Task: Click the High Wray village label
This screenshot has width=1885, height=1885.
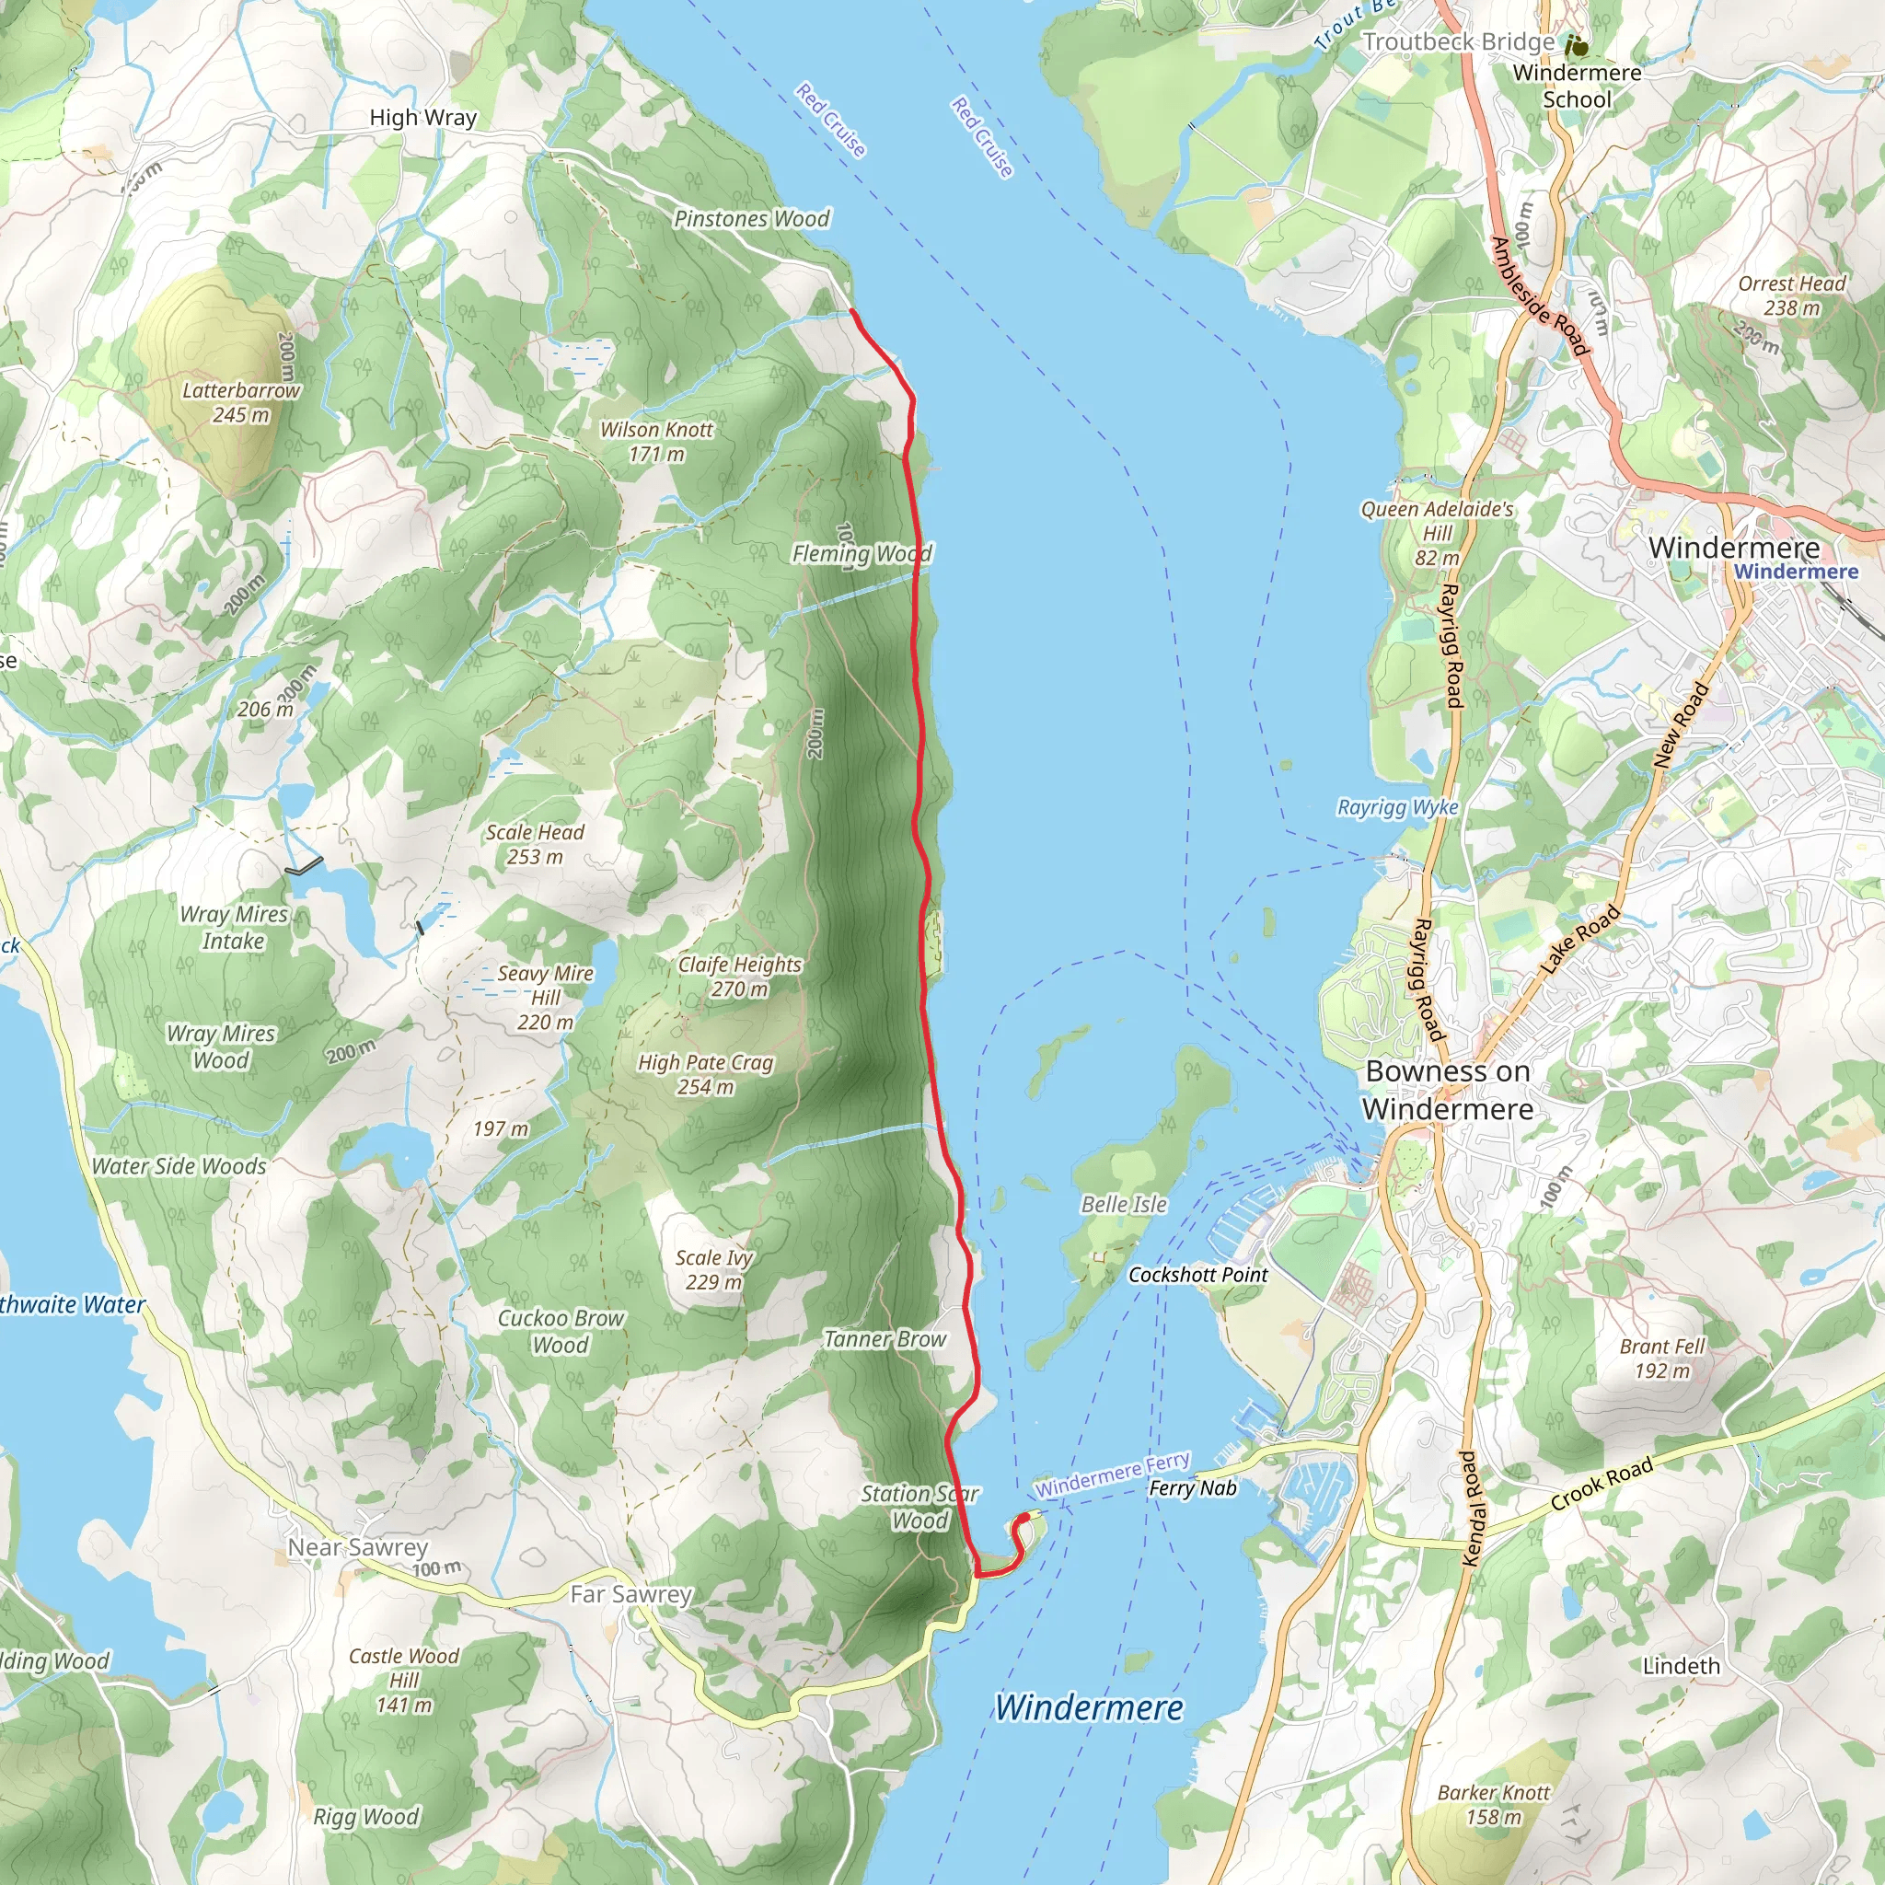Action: tap(422, 118)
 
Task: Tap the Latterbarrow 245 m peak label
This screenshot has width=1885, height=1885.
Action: tap(241, 402)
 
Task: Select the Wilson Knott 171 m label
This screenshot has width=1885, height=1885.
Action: tap(655, 441)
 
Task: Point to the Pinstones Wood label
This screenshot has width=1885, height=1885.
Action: tap(751, 218)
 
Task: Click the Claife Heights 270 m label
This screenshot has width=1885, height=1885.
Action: tap(740, 976)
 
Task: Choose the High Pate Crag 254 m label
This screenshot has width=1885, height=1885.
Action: tap(705, 1074)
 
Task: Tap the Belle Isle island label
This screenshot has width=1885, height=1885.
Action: tap(1123, 1204)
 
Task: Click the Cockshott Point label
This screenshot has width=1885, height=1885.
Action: tap(1197, 1274)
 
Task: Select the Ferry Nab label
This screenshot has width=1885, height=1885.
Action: tap(1192, 1488)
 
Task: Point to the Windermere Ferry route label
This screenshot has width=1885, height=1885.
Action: tap(1112, 1474)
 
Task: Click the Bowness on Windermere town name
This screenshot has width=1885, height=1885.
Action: tap(1447, 1090)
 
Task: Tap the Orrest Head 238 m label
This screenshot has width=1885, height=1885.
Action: tap(1791, 295)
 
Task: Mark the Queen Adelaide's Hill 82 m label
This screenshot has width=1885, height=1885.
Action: tap(1437, 533)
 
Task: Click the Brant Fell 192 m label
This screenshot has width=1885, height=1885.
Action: tap(1661, 1359)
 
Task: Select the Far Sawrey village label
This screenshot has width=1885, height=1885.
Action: tap(630, 1594)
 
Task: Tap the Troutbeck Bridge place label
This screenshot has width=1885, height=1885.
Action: tap(1458, 42)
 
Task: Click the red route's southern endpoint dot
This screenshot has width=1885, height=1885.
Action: tap(1023, 1518)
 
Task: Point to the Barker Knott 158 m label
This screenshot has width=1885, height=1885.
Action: tap(1493, 1804)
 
